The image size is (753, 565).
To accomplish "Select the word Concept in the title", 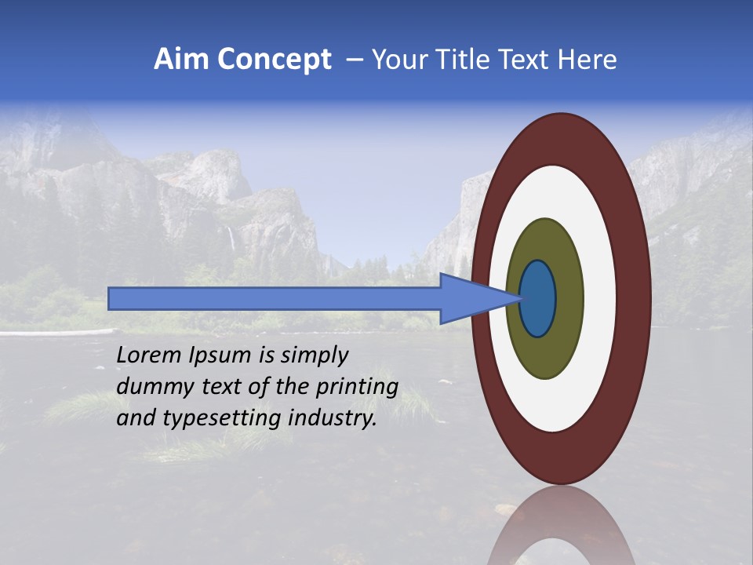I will pyautogui.click(x=275, y=60).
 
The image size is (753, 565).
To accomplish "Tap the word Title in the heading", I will pyautogui.click(x=467, y=60).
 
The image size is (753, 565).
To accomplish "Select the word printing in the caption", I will pyautogui.click(x=361, y=388).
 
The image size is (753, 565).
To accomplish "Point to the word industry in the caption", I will pyautogui.click(x=333, y=418).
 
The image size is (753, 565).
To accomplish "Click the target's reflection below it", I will pyautogui.click(x=562, y=526).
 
